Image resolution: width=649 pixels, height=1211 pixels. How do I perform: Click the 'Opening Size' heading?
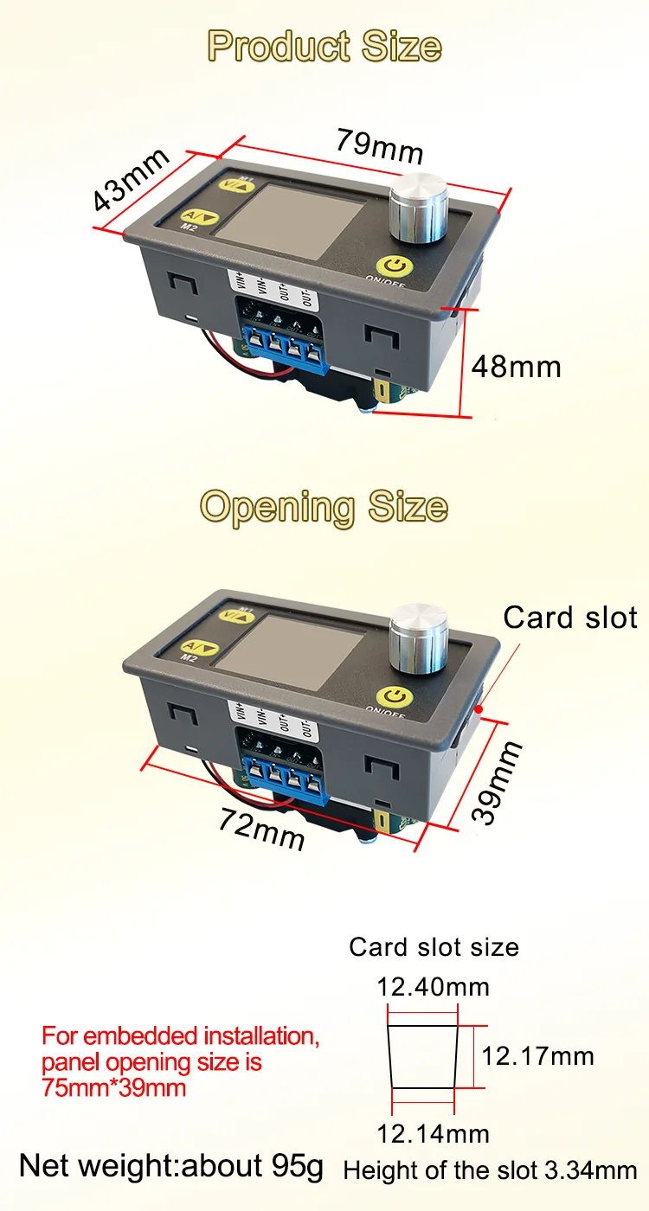coord(324,507)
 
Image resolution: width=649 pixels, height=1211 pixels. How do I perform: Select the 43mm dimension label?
coord(132,180)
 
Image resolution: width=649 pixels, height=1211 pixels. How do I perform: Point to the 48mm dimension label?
coord(516,367)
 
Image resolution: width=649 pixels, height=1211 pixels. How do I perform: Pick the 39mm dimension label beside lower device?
coord(498,782)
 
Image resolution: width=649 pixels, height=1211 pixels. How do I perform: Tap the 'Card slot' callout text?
coord(570,618)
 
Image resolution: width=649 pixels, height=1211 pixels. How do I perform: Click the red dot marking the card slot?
coord(479,708)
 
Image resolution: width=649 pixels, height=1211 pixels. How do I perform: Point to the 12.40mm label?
coord(433,986)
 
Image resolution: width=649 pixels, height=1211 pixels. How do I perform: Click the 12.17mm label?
coord(537,1055)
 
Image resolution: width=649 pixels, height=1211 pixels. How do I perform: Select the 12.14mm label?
coord(433,1133)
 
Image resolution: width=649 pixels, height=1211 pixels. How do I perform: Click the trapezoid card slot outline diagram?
coord(423,1057)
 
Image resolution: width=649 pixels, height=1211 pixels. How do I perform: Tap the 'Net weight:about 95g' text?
coord(171,1166)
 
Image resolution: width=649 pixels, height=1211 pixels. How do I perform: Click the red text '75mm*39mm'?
coord(114,1087)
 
